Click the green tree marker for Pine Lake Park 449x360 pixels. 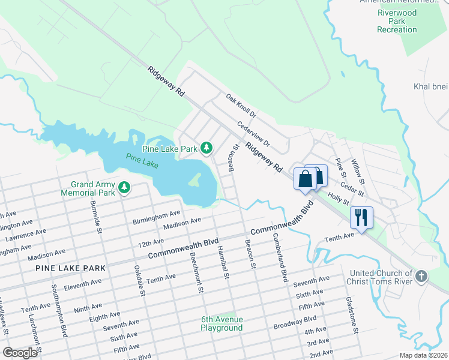[206, 147]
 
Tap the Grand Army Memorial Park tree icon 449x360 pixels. [124, 188]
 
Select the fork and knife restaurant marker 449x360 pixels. [361, 217]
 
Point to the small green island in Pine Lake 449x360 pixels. [195, 178]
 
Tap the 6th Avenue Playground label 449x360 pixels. [222, 323]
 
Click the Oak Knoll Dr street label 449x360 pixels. [241, 105]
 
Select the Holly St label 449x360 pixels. [337, 200]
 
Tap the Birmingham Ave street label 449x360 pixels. [157, 214]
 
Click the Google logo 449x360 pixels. [20, 352]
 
